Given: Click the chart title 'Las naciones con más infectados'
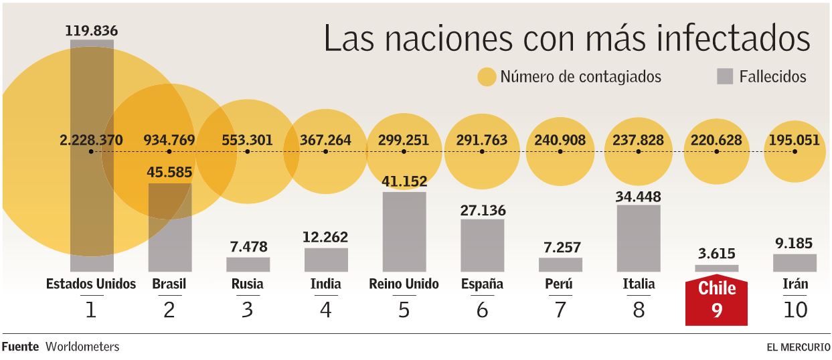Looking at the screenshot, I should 566,38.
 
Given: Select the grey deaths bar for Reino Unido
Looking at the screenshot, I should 404,232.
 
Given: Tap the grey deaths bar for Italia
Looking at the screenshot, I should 639,238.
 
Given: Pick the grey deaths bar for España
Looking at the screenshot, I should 482,245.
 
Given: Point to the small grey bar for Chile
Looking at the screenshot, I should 716,268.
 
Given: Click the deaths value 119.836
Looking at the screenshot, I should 91,30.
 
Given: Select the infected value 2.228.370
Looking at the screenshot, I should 91,141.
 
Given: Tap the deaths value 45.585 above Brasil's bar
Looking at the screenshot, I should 169,173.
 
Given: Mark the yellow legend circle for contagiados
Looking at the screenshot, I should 487,77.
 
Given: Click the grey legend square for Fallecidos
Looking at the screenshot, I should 725,76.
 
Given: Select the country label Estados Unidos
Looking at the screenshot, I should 91,284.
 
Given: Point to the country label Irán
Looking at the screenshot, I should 795,284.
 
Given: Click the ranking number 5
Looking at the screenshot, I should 404,310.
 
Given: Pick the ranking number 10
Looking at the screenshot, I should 795,310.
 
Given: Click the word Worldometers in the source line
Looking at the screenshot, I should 82,347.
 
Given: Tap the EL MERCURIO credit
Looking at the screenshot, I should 798,347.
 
